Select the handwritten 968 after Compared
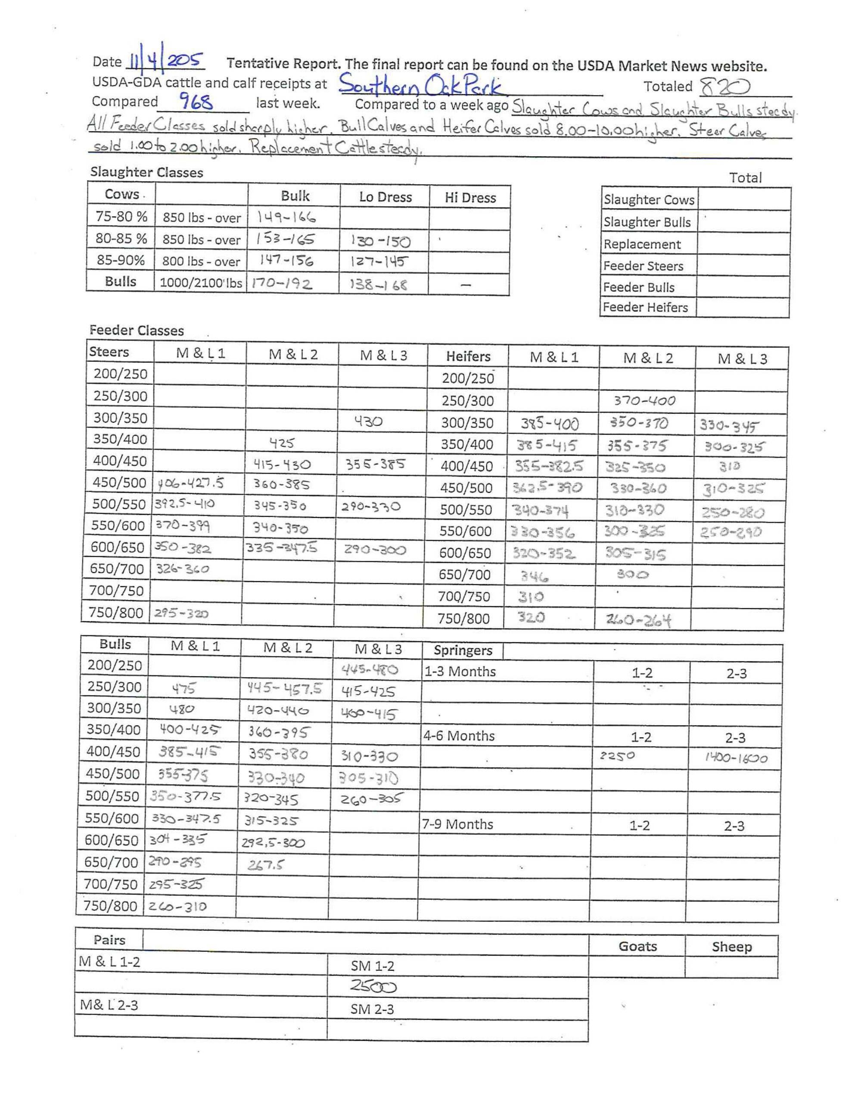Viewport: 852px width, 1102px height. click(196, 103)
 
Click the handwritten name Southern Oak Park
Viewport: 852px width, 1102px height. click(421, 85)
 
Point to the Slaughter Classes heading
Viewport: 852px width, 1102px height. click(146, 173)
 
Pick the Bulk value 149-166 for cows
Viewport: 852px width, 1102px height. click(286, 217)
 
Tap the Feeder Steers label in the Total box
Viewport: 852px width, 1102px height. click(643, 266)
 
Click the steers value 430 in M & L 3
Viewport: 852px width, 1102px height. click(368, 421)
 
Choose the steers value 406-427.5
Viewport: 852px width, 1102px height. click(190, 483)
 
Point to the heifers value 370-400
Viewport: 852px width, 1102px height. click(644, 401)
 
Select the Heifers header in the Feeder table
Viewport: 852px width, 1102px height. click(468, 357)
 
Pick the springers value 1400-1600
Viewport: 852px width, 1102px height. click(736, 758)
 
